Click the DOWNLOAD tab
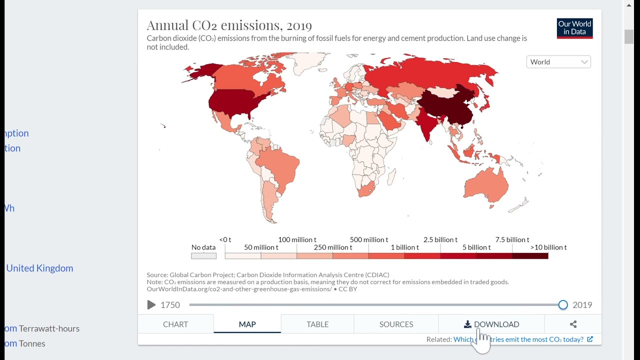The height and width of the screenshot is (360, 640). pos(491,324)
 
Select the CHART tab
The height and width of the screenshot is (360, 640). pos(175,324)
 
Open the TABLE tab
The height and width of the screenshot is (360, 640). pos(317,324)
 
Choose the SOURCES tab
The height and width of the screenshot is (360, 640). pos(396,324)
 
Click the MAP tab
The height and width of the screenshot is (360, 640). pos(247,324)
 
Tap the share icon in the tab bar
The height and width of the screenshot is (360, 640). pos(573,324)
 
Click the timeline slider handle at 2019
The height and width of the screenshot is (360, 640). pos(563,304)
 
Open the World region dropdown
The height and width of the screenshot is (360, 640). pos(558,62)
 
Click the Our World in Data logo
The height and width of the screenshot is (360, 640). pos(574,28)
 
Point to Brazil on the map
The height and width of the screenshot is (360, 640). pos(280,165)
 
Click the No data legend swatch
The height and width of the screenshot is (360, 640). pos(203,255)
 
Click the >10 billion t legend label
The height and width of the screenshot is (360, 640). pos(548,247)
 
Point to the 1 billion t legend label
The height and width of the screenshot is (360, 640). pos(404,247)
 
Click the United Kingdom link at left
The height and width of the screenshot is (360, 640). pos(39,268)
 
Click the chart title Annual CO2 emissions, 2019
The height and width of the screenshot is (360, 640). pos(229,25)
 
